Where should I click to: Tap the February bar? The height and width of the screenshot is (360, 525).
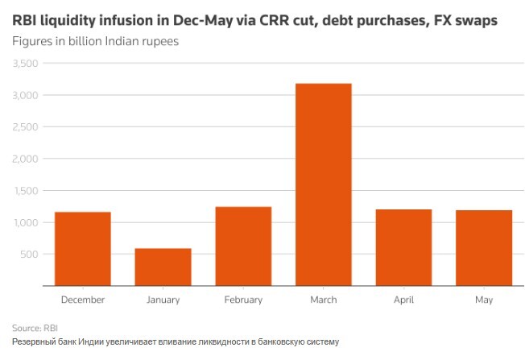[243, 246]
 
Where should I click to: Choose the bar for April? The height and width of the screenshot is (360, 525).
[404, 247]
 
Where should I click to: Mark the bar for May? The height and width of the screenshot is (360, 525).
[485, 247]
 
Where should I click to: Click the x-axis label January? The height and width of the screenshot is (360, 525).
[163, 300]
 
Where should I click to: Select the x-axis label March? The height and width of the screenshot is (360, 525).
[324, 300]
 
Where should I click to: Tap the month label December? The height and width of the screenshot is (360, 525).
[82, 300]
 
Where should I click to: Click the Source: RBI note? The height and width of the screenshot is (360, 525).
[35, 328]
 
